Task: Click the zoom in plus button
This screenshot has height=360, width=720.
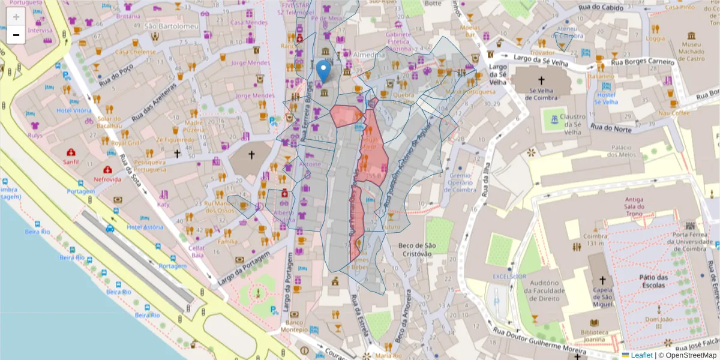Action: point(16,17)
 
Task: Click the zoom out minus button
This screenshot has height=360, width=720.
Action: point(16,35)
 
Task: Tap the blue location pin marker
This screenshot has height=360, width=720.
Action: point(323,71)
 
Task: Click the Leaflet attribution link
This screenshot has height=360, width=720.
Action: point(641,355)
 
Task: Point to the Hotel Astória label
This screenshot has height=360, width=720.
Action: point(145,227)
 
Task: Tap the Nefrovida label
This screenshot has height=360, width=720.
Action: point(107,179)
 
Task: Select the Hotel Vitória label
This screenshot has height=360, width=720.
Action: point(74,110)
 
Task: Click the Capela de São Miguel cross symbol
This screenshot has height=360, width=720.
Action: point(602,281)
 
